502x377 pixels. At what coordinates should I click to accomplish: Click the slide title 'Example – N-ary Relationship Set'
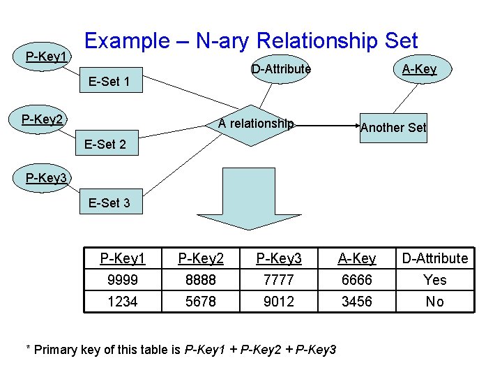pos(250,40)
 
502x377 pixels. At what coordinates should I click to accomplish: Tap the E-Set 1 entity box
pos(109,82)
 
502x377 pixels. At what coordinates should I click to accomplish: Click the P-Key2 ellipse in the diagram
pos(43,119)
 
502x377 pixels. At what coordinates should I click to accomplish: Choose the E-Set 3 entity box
pos(109,203)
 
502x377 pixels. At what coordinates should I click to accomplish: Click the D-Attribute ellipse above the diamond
pos(280,69)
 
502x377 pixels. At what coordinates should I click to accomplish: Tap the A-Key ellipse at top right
pos(419,69)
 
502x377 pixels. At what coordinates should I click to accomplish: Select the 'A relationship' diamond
pos(255,124)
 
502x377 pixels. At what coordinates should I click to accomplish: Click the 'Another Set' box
pos(393,128)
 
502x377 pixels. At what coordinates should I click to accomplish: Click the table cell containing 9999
pos(122,280)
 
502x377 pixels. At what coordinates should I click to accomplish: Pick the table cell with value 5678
pos(201,302)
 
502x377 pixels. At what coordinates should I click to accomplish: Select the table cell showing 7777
pos(279,280)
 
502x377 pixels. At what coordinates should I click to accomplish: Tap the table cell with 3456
pos(357,302)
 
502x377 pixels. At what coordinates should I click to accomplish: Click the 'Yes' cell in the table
pos(435,280)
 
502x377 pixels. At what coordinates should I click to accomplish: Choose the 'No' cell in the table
pos(435,302)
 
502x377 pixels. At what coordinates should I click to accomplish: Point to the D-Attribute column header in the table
pos(435,258)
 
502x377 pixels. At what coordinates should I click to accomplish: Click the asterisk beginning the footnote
pos(28,349)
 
